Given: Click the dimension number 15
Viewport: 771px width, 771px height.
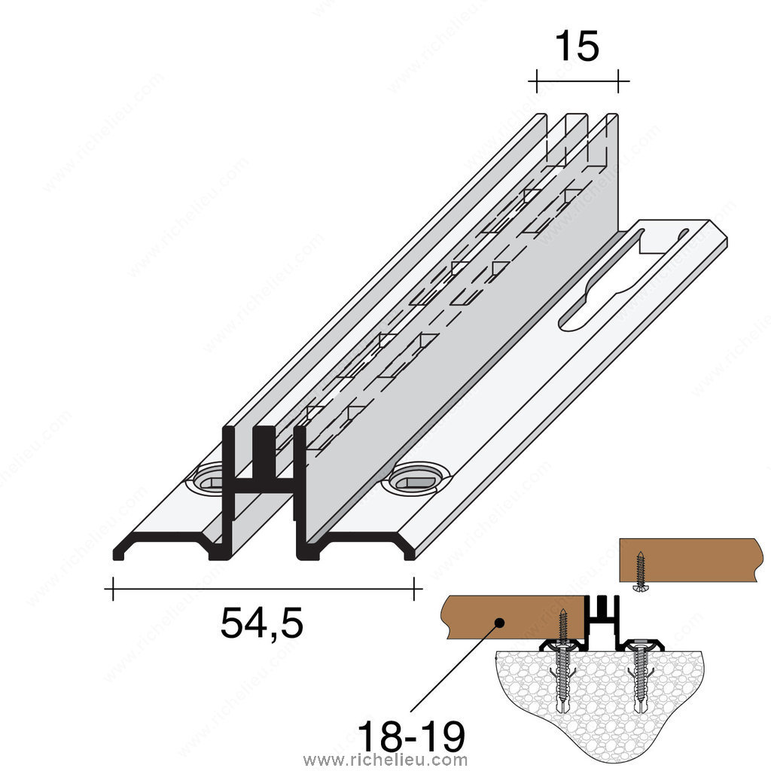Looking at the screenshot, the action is coord(577,46).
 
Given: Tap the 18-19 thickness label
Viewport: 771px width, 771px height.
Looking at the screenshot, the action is coord(411,737).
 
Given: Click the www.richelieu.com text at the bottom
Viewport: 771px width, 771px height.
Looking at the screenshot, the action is coord(385,760).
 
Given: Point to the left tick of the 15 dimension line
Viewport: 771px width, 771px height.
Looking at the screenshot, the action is coord(536,81).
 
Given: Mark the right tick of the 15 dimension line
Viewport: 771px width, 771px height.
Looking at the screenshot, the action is coord(618,81).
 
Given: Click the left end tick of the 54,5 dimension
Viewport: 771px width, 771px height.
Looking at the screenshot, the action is coord(113,589).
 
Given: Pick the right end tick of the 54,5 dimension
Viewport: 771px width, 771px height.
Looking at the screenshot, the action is coord(415,589).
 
